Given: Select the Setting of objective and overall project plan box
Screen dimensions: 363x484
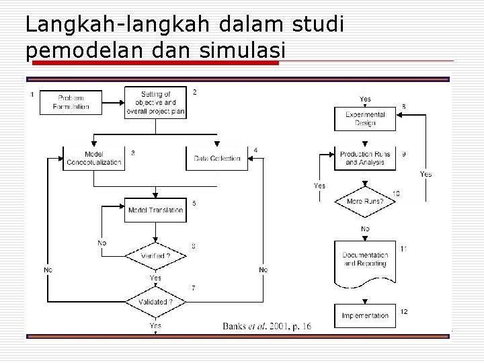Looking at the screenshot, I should pos(155,103).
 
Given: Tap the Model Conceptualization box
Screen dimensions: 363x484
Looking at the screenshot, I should pos(93,159).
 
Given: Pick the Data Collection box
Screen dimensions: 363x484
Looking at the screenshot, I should pos(217,159).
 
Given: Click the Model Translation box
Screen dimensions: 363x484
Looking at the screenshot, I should pos(155,210).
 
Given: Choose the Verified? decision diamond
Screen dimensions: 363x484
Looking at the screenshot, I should pos(155,256).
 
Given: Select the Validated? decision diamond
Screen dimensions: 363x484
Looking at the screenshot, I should pos(155,302).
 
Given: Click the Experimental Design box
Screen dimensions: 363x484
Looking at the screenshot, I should pos(365,118).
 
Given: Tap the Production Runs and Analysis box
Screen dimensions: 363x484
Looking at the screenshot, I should pos(365,159).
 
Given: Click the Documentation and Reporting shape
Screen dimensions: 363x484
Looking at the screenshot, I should pos(365,260).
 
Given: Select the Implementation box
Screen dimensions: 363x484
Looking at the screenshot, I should pos(365,315).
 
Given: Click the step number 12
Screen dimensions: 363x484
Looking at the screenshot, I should pos(404,311).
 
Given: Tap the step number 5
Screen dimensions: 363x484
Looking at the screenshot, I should pos(194,202).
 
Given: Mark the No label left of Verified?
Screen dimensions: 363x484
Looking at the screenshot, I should pos(102,243).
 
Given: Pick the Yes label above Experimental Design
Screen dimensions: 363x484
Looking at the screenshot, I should pos(365,99).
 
